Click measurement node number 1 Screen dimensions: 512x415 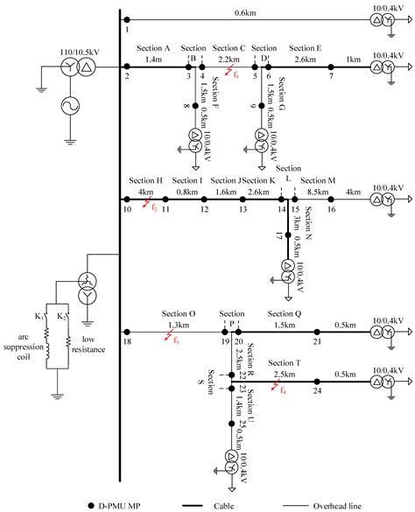[x=126, y=19]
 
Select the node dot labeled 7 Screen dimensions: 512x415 [x=330, y=67]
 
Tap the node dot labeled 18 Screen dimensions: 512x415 [x=127, y=332]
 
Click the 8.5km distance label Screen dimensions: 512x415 [x=318, y=191]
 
